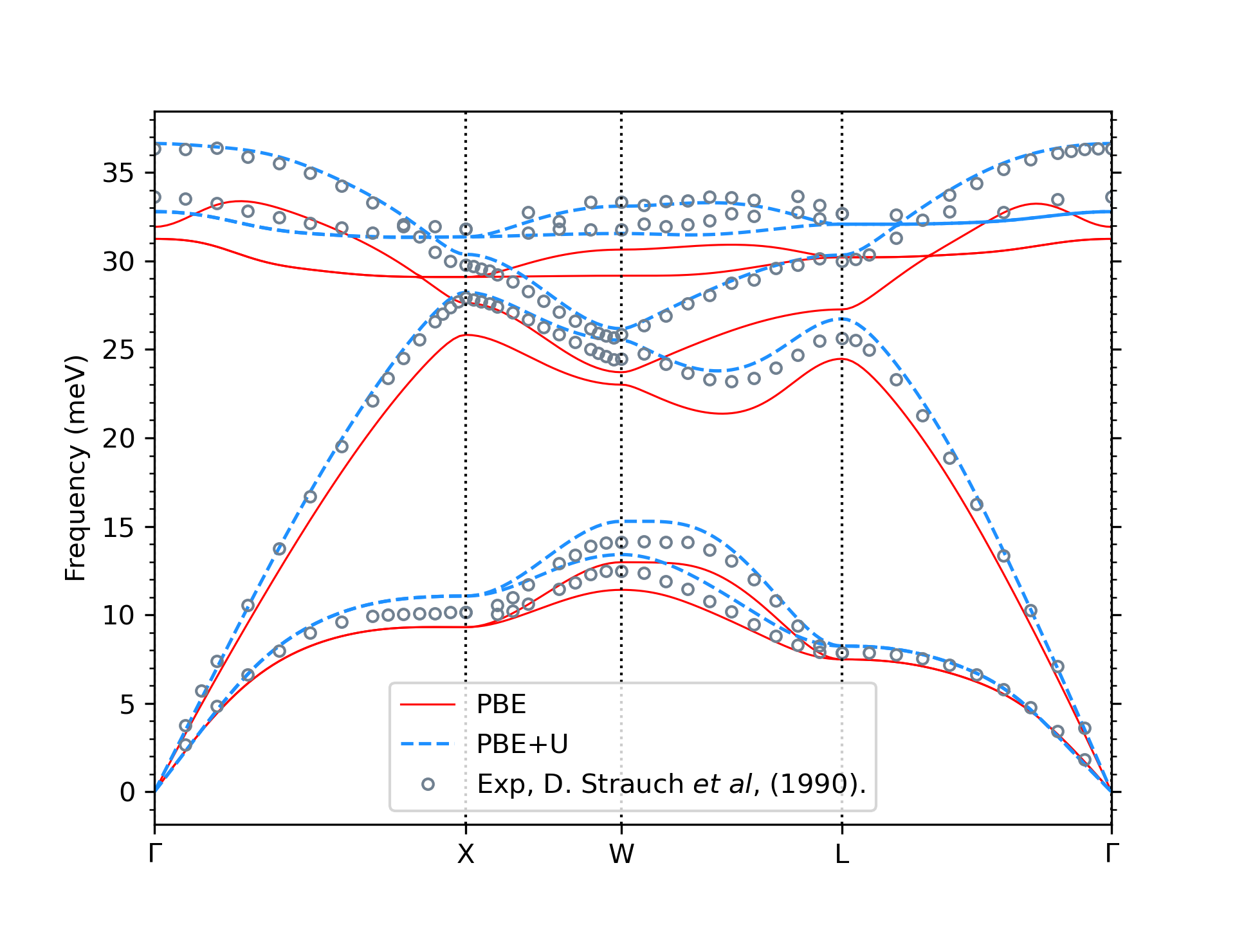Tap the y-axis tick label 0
click(x=127, y=792)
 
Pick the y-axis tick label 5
click(x=127, y=704)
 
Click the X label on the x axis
click(x=465, y=854)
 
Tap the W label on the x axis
click(x=621, y=854)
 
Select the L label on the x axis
click(x=841, y=854)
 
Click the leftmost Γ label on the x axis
click(x=154, y=854)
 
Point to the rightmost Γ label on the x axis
click(x=1111, y=854)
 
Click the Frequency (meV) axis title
click(x=75, y=468)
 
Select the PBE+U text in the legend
click(x=522, y=744)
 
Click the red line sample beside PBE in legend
click(x=427, y=705)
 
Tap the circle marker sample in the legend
click(x=428, y=784)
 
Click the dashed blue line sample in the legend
click(x=427, y=744)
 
